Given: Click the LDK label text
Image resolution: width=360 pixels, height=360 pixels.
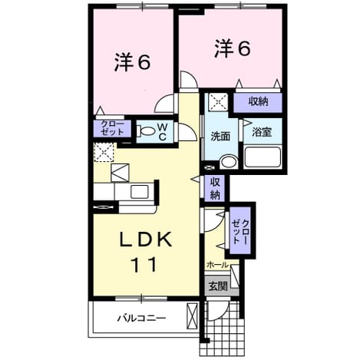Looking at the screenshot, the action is (146, 239).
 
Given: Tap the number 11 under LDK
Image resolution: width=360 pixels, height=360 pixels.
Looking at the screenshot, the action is (144, 265).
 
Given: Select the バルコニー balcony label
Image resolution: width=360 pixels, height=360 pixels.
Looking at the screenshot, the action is (141, 319).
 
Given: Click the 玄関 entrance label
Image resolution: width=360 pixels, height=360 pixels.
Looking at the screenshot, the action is (218, 286).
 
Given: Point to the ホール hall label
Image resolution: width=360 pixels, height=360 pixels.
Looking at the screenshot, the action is (217, 265).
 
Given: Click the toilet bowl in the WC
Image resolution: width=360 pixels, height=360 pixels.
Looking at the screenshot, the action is (146, 131).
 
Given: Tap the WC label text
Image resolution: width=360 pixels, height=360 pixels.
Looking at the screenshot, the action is (162, 131).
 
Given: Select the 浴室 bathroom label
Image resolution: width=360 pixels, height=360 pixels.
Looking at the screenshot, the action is (262, 132).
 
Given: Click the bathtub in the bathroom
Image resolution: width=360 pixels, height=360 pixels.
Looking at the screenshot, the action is (263, 157).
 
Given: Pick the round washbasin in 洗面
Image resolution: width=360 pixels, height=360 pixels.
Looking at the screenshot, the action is (229, 162).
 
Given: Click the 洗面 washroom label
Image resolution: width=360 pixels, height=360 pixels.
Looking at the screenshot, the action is (220, 137).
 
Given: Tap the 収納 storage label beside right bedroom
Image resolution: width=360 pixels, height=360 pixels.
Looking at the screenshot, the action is (259, 101).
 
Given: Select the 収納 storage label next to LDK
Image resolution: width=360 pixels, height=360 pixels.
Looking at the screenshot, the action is (215, 189).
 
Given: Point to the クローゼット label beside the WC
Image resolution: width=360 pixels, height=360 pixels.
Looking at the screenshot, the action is (113, 128).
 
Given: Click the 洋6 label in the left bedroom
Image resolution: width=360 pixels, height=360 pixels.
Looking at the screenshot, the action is (132, 62).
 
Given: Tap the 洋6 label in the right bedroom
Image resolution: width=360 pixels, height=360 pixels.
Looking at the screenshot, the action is (232, 48).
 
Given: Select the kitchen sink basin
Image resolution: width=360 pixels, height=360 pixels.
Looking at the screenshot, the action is (140, 192).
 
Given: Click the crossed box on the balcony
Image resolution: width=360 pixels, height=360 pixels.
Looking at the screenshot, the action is (192, 316).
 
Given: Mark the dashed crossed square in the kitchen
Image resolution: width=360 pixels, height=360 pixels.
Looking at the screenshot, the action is (104, 152).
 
